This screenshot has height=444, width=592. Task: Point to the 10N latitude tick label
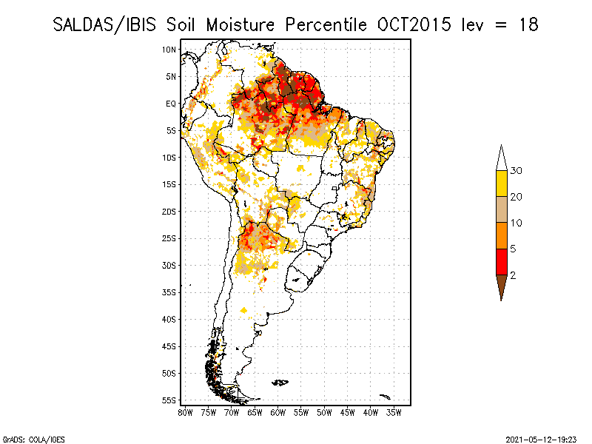169,50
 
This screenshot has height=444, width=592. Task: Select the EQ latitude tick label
170,104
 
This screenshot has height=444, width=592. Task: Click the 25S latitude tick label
169,238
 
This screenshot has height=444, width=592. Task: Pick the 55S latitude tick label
169,400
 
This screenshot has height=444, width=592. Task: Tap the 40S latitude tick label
169,319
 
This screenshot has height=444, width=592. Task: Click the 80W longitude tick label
186,411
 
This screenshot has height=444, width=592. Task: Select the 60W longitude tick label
278,411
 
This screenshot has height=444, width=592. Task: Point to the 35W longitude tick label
394,411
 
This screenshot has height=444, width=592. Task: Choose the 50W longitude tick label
324,411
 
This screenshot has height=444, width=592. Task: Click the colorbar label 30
517,171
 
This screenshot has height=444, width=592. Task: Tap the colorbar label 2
513,275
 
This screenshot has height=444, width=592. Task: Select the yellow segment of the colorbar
501,184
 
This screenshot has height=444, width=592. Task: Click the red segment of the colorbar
501,261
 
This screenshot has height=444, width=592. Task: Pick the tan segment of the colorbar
501,209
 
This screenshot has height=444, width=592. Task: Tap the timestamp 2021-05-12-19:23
540,439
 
